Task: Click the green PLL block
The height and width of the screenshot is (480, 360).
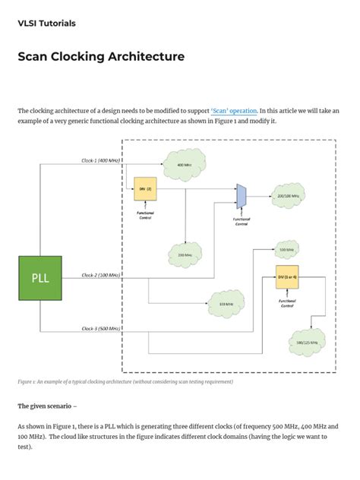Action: coord(39,277)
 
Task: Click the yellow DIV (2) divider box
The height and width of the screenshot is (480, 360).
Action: coord(144,189)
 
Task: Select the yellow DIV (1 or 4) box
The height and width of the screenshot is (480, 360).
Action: coord(287,279)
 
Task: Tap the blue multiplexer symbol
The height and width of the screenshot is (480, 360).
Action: coord(241,196)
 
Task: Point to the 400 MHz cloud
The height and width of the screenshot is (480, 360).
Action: coord(184,165)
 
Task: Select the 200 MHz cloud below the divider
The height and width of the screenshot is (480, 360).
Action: coord(185,255)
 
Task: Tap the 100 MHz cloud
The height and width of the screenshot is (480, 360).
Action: coord(226,305)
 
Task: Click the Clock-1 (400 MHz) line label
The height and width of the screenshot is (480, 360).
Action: coord(101,161)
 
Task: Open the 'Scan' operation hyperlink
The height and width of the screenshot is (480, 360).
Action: coord(233,111)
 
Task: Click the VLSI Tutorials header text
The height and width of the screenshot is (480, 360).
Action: coord(46,24)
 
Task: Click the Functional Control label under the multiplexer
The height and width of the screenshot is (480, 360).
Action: coord(241,223)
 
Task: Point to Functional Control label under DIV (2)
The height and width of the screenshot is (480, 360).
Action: coord(144,216)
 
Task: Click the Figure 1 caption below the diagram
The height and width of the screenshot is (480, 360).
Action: coord(125,382)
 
